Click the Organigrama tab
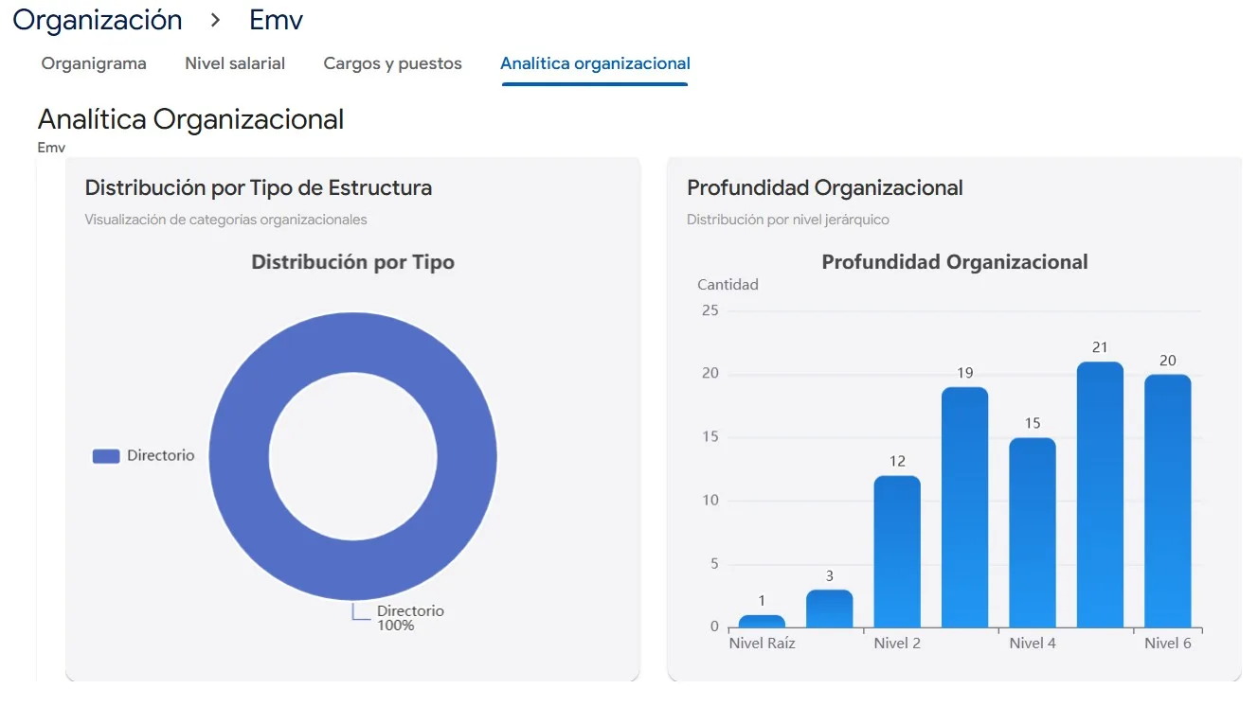coord(94,63)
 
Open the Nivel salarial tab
coord(235,63)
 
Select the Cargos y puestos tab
coord(392,63)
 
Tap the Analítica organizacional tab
coord(595,63)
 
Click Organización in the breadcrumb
coord(97,20)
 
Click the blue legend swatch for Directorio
coord(106,456)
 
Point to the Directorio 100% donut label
coord(409,618)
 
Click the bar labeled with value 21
coord(1100,494)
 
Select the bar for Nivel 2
coord(896,551)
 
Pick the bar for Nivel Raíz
coord(762,622)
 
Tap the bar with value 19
coord(964,506)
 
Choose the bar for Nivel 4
coord(1032,532)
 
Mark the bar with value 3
coord(829,609)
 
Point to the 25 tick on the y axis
coord(710,310)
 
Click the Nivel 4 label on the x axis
coord(1032,644)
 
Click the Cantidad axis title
coord(728,284)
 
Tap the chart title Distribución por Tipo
coord(352,262)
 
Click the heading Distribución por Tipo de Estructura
coord(258,187)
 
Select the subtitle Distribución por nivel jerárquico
coord(787,220)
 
